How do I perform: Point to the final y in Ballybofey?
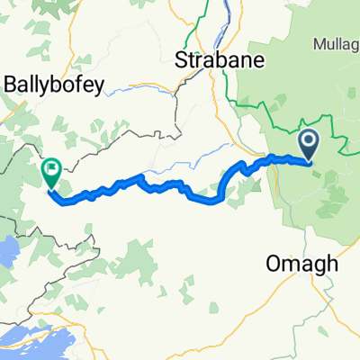[x=100, y=87]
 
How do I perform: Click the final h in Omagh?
[x=330, y=263]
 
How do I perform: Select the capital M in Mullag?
[x=319, y=42]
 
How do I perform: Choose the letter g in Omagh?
[x=316, y=265]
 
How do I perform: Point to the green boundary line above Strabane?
[x=191, y=27]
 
